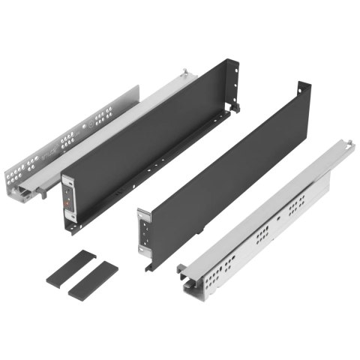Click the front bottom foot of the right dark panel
pyautogui.click(x=150, y=265)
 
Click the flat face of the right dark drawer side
pyautogui.click(x=225, y=172)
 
